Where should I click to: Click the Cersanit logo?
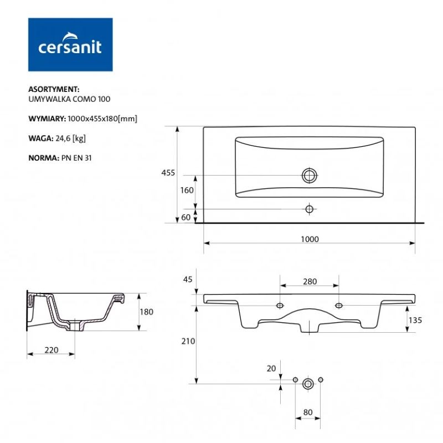click(x=70, y=44)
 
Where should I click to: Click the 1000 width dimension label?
click(x=310, y=239)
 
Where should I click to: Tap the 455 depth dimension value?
click(x=168, y=173)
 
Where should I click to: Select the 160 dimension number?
click(x=187, y=190)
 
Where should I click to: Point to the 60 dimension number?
click(x=186, y=217)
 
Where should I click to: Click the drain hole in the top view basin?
click(x=310, y=176)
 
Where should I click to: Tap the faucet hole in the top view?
click(x=310, y=209)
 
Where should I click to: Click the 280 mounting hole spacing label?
click(x=310, y=281)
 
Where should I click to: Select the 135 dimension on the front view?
click(x=415, y=320)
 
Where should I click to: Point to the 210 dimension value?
click(x=188, y=341)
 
